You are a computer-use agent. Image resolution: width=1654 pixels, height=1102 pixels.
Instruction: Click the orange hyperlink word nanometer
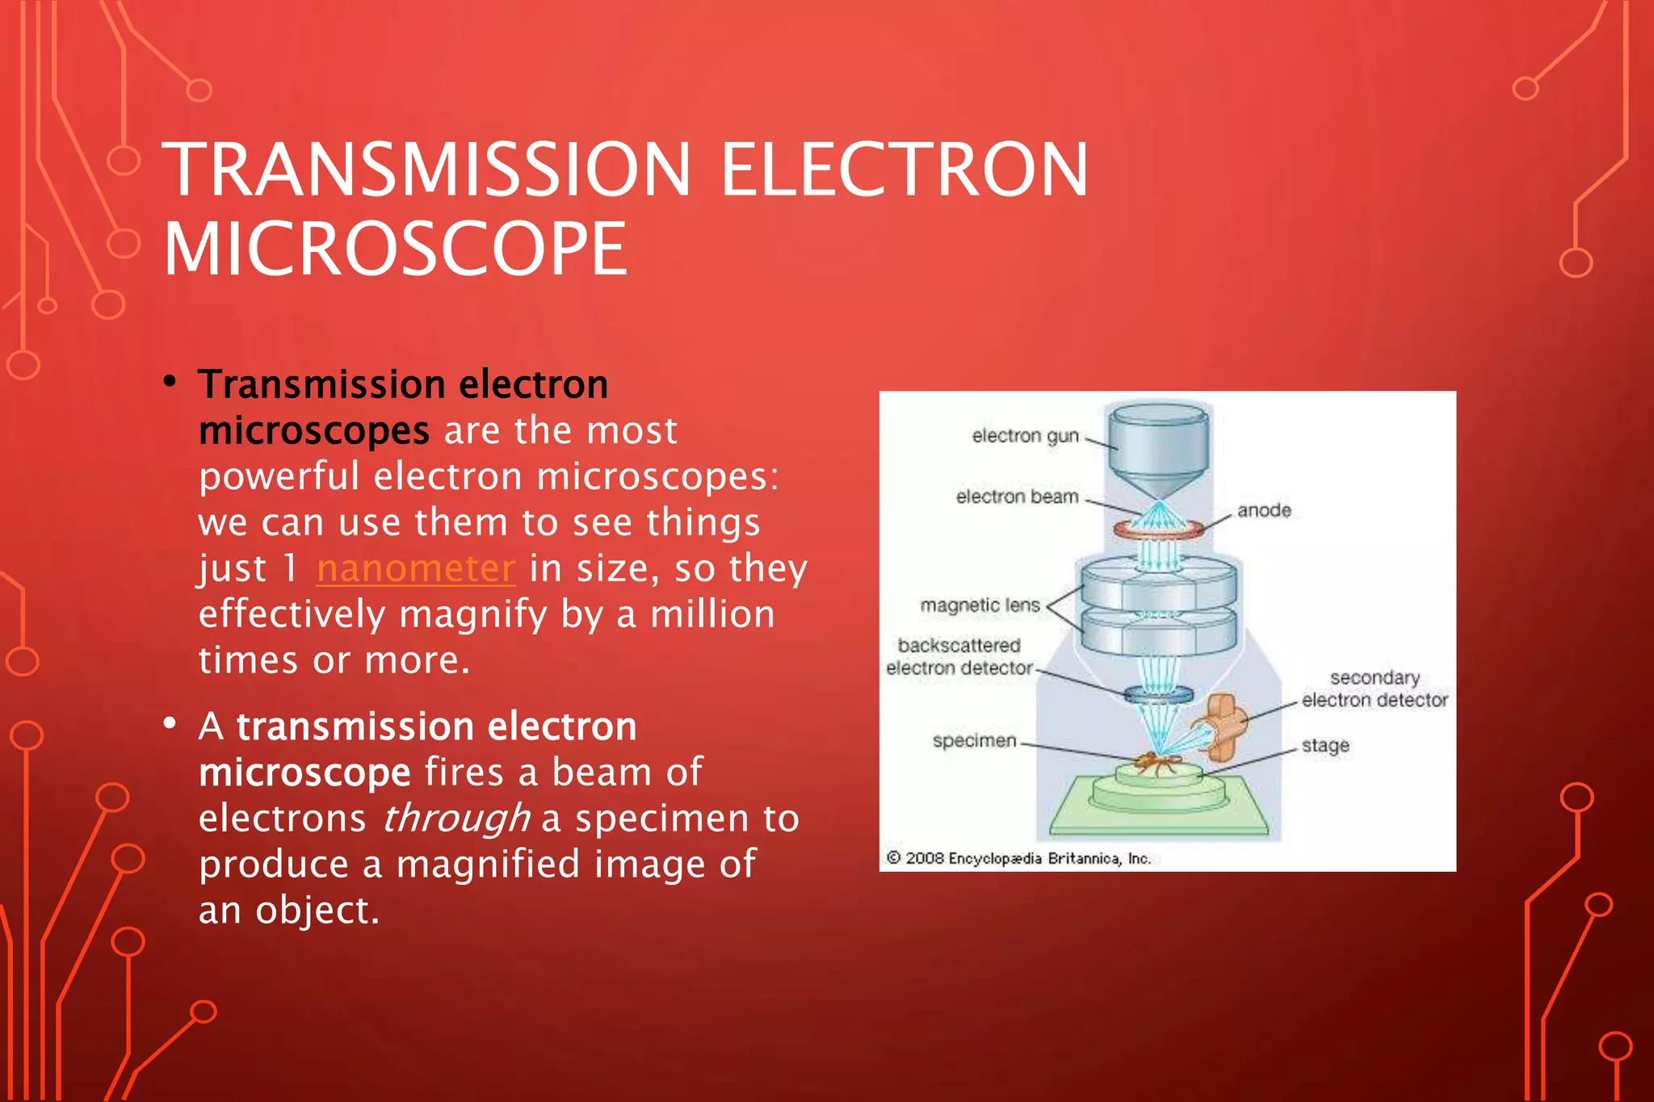pyautogui.click(x=415, y=568)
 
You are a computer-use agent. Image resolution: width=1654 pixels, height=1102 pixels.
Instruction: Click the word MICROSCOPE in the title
pyautogui.click(x=395, y=249)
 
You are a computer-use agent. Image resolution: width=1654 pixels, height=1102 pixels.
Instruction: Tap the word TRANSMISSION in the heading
pyautogui.click(x=426, y=170)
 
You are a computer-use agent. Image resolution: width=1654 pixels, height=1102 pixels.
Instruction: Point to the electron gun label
pyautogui.click(x=1025, y=436)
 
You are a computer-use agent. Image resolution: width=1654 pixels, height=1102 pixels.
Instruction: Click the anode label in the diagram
pyautogui.click(x=1264, y=510)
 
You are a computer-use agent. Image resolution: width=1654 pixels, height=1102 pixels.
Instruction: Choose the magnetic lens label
pyautogui.click(x=980, y=605)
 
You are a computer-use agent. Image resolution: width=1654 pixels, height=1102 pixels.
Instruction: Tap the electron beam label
pyautogui.click(x=1017, y=497)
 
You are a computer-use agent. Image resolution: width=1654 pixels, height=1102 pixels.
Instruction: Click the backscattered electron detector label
pyautogui.click(x=959, y=656)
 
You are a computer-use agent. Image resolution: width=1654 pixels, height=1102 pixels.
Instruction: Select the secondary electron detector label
pyautogui.click(x=1375, y=689)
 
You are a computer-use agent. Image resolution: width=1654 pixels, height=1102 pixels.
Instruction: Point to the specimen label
pyautogui.click(x=974, y=740)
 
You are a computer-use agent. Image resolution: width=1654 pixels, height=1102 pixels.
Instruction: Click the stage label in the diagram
pyautogui.click(x=1325, y=745)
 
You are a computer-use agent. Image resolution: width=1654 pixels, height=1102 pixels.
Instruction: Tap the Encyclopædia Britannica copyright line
pyautogui.click(x=1018, y=858)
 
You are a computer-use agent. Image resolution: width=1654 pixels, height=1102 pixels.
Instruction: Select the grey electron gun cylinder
pyautogui.click(x=1158, y=444)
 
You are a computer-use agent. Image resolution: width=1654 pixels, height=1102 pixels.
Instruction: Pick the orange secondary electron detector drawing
pyautogui.click(x=1224, y=724)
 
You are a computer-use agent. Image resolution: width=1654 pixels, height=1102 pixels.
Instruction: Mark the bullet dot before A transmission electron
pyautogui.click(x=170, y=723)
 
